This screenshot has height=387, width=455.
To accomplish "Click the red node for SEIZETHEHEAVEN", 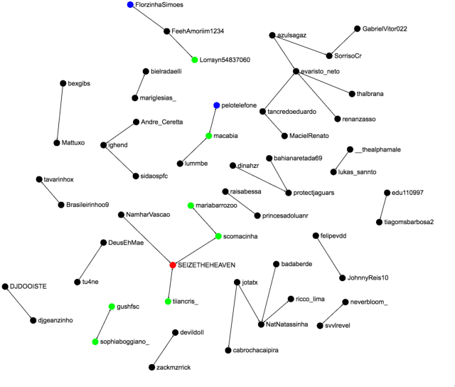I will (x=173, y=265).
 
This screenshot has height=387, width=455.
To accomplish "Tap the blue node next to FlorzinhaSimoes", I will (x=130, y=5).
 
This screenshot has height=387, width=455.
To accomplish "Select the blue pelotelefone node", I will (x=217, y=105).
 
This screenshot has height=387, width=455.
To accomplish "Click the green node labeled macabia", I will (x=209, y=135).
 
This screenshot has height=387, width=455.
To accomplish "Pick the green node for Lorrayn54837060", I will (x=194, y=60).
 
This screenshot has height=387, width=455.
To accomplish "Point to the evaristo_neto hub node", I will (x=295, y=71).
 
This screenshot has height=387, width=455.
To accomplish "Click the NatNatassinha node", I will (x=262, y=324).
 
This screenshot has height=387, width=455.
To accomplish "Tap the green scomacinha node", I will (x=218, y=236).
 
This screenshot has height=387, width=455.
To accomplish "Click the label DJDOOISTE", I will (x=28, y=286).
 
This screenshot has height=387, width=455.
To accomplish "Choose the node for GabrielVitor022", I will (x=357, y=29).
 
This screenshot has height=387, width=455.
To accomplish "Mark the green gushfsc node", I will (x=112, y=307).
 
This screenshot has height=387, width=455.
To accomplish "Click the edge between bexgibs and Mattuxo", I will (x=60, y=113).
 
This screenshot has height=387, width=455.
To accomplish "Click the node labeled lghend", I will (x=103, y=145).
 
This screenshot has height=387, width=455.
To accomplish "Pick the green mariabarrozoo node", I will (x=191, y=206).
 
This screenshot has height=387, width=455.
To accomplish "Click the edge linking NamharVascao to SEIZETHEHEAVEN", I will (x=148, y=240).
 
